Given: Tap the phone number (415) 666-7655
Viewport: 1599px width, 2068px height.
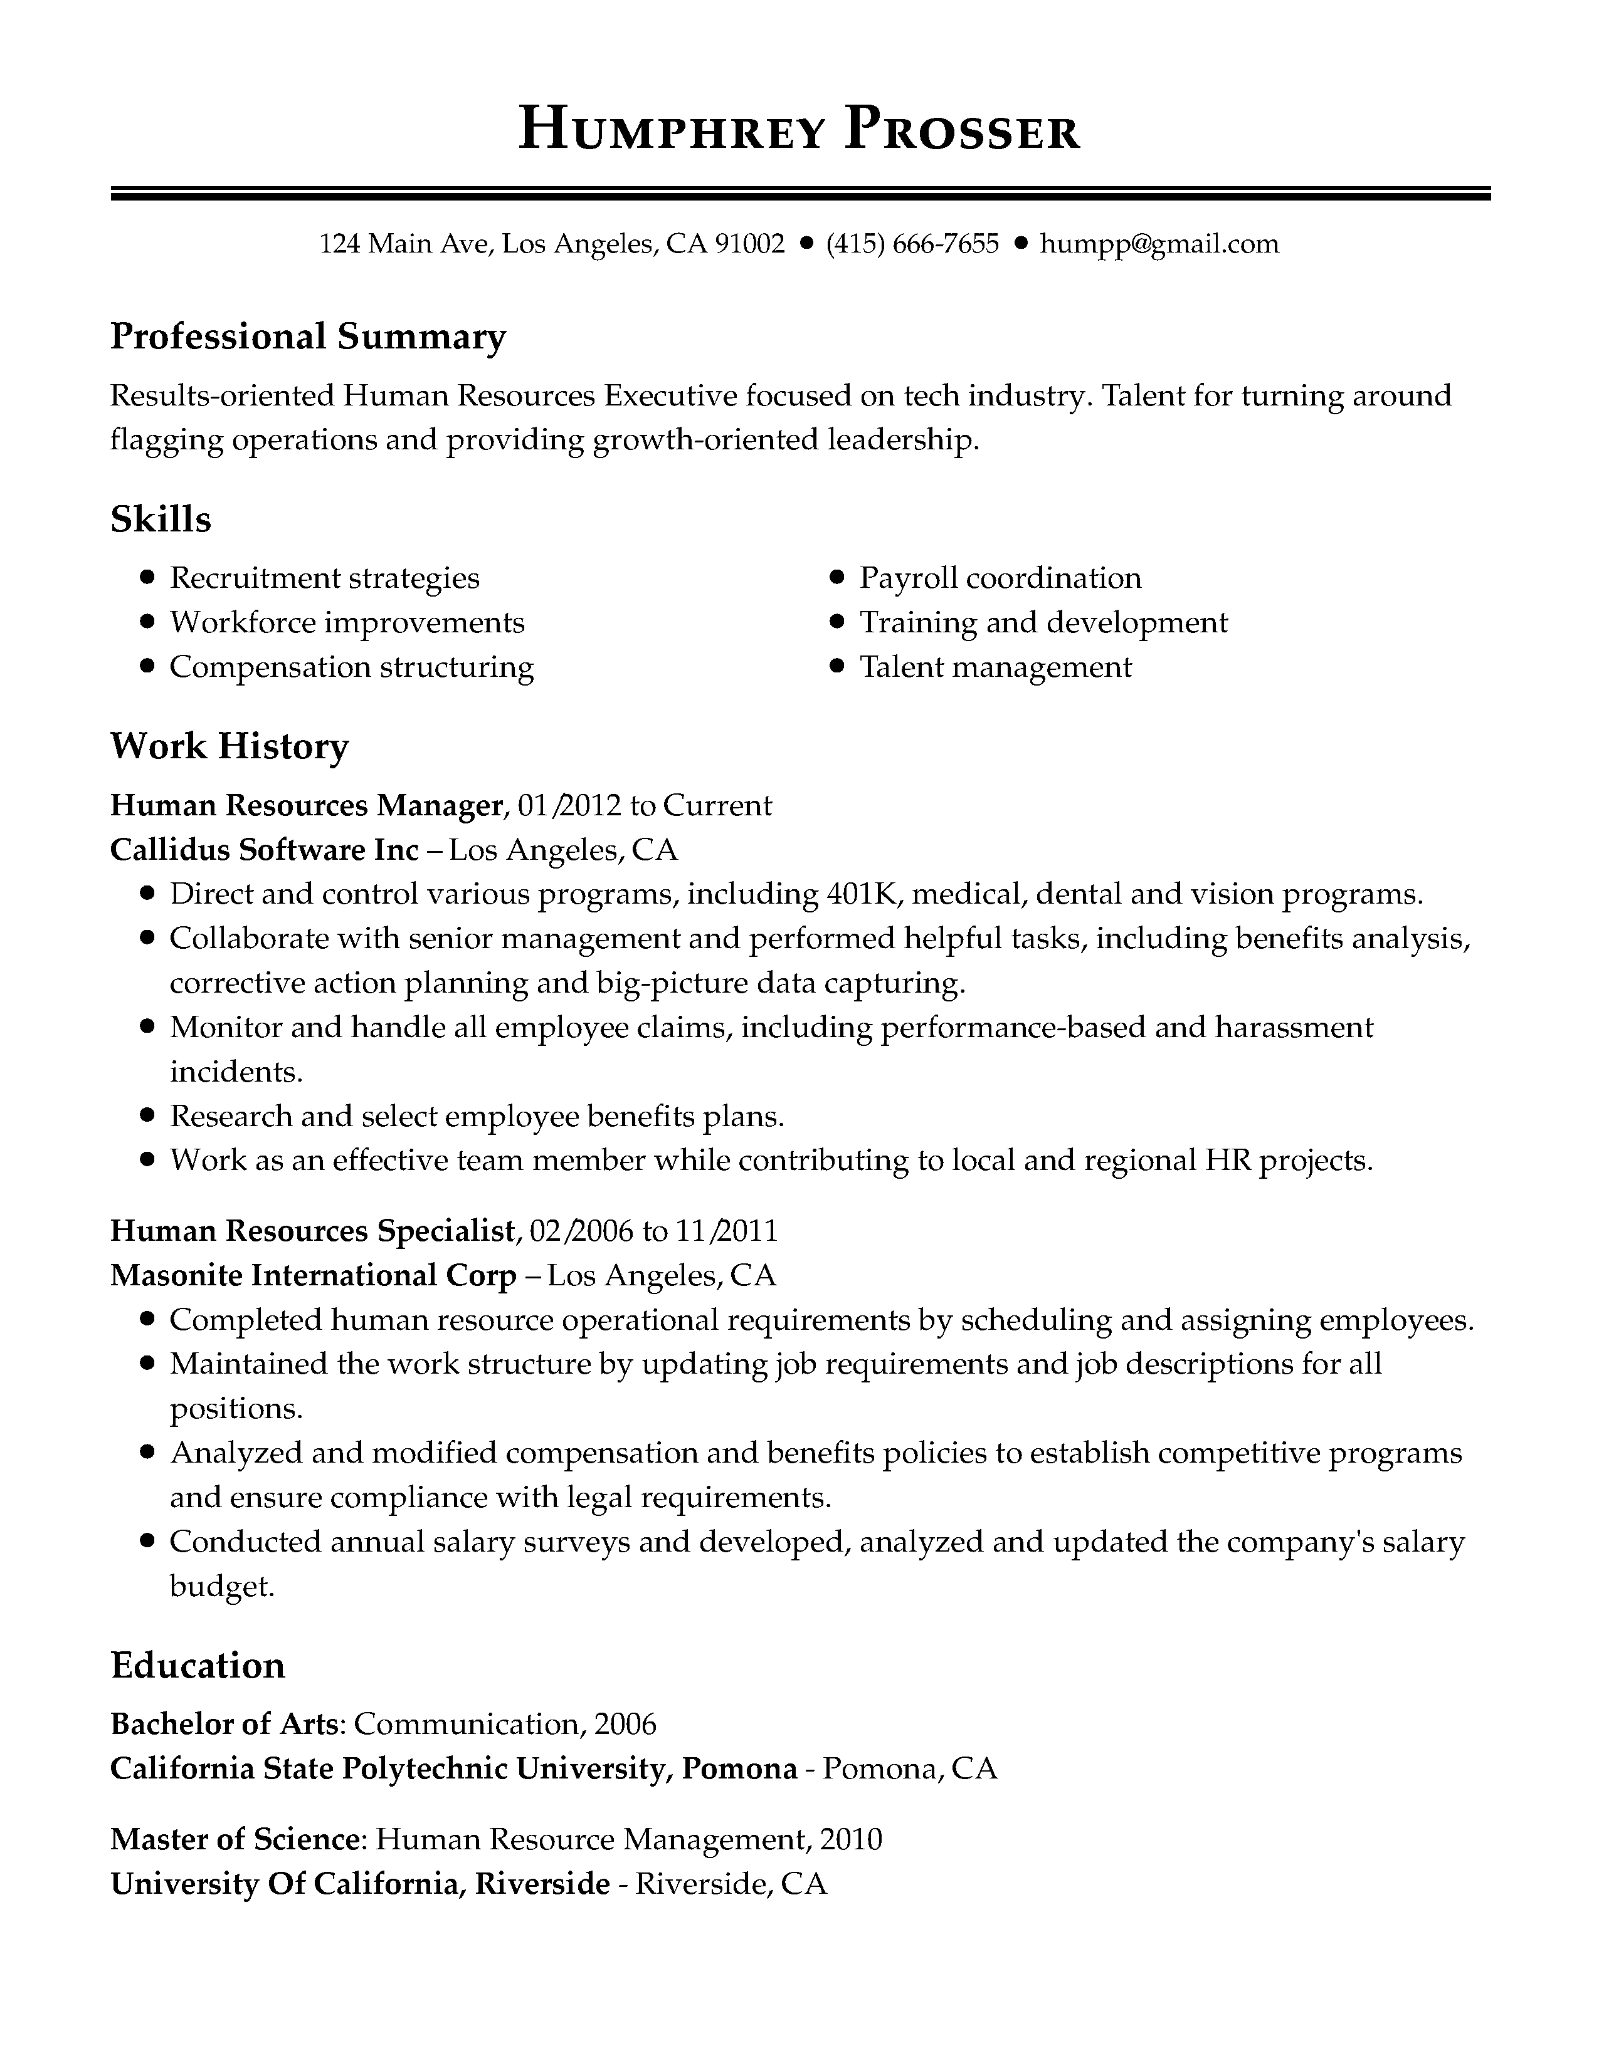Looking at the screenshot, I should pyautogui.click(x=912, y=244).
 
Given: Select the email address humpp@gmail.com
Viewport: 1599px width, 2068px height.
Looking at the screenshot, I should pyautogui.click(x=1159, y=244).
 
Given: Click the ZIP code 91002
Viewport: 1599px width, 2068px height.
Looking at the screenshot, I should pyautogui.click(x=749, y=244).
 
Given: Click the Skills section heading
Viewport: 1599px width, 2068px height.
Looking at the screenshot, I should pyautogui.click(x=161, y=519).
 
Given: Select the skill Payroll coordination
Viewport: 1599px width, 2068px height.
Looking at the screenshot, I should pyautogui.click(x=1000, y=578).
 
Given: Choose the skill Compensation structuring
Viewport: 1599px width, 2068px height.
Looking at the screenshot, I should pyautogui.click(x=351, y=667).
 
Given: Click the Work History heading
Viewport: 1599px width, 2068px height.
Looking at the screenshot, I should pyautogui.click(x=230, y=746).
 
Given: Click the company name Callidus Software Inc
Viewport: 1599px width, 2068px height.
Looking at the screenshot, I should pyautogui.click(x=264, y=849).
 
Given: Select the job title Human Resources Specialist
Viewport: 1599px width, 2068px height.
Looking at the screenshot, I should pyautogui.click(x=314, y=1230).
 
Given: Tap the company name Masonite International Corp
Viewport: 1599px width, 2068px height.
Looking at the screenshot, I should pyautogui.click(x=314, y=1275).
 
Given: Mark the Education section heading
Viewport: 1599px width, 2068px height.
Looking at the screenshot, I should pyautogui.click(x=198, y=1691).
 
